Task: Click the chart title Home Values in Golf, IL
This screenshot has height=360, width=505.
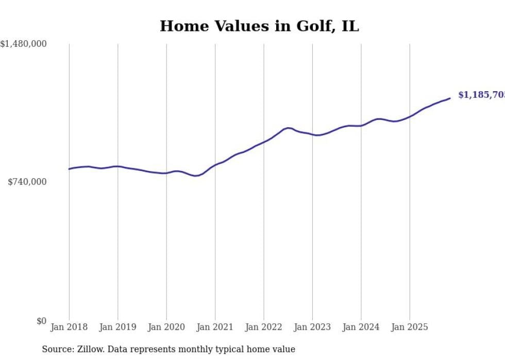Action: coord(259,26)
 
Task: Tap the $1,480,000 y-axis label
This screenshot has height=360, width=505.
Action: coord(23,44)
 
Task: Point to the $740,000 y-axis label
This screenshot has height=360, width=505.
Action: coord(27,182)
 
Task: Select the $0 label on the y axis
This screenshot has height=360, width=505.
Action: coord(41,321)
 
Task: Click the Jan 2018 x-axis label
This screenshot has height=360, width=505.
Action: coord(69,327)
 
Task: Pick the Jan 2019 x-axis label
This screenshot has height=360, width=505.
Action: coord(118,327)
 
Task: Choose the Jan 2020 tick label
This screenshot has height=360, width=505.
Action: coord(166,327)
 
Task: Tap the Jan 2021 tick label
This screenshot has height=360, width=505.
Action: coord(215,327)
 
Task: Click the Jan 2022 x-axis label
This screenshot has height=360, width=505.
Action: coord(264,327)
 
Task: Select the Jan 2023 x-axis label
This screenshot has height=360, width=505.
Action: coord(312,327)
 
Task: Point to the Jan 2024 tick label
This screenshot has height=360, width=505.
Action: coord(361,327)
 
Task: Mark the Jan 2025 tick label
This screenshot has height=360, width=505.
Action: coord(410,327)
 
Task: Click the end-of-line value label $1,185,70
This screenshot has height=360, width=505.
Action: coord(481,95)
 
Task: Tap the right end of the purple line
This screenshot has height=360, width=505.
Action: coord(450,98)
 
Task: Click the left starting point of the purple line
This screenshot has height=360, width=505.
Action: coord(69,169)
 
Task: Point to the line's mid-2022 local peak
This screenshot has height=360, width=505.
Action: coord(288,128)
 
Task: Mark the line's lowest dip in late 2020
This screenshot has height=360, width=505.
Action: coord(196,176)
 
